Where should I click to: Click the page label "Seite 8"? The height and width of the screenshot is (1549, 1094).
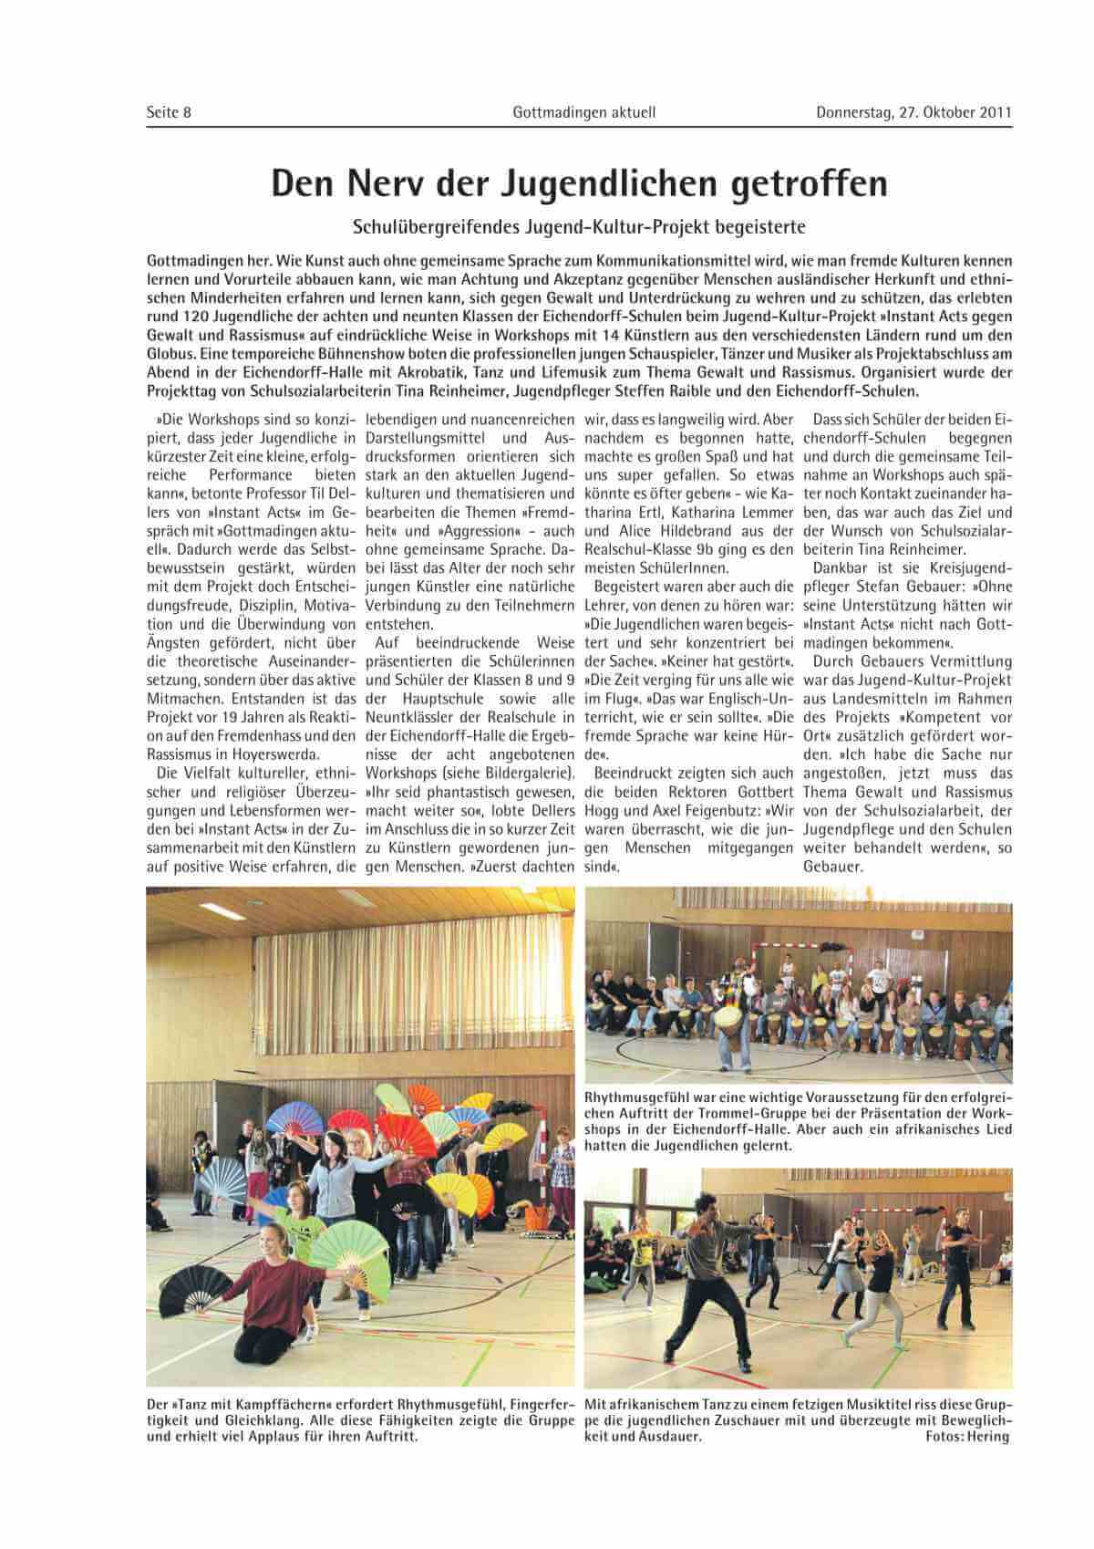pyautogui.click(x=169, y=113)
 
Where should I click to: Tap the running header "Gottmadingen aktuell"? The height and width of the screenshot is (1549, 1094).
pyautogui.click(x=584, y=113)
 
